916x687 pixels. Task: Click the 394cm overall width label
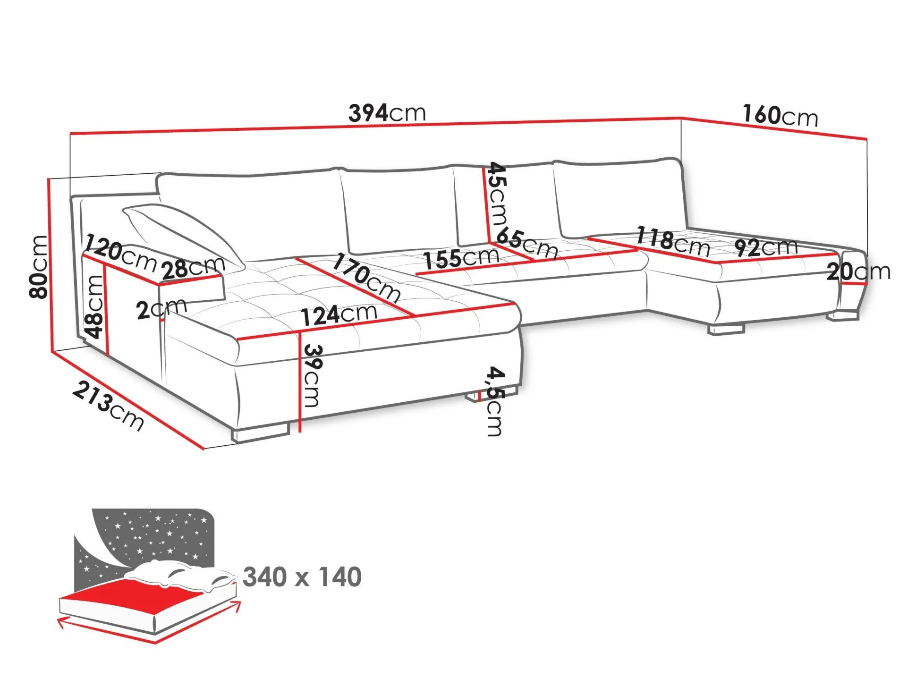(x=387, y=113)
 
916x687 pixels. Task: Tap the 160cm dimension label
(x=780, y=116)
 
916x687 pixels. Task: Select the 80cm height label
(x=38, y=267)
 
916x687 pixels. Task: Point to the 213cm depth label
(x=108, y=406)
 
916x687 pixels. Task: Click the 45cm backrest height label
(x=497, y=194)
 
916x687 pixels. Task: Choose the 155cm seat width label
(x=461, y=258)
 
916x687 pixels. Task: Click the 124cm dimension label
(x=339, y=315)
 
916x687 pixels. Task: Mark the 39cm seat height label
(x=312, y=375)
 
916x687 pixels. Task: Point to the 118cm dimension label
(x=673, y=241)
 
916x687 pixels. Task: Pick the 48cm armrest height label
(x=94, y=307)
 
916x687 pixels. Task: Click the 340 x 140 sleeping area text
(x=302, y=577)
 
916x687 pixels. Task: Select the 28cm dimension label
(x=193, y=268)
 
